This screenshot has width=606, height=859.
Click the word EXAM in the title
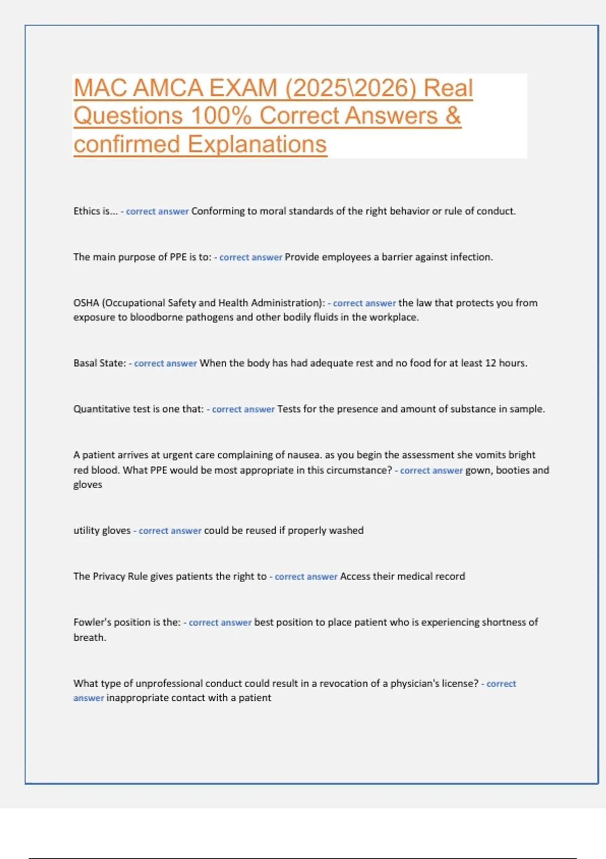pos(243,88)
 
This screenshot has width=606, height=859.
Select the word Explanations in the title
pos(257,144)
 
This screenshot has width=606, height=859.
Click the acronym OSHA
pos(86,303)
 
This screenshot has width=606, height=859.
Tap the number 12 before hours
pos(490,363)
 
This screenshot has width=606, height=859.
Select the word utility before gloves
pos(86,531)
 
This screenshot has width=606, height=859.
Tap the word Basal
pos(85,363)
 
